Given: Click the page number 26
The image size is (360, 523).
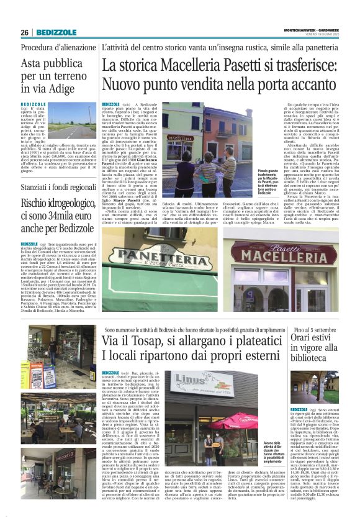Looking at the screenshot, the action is coord(25,32).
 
